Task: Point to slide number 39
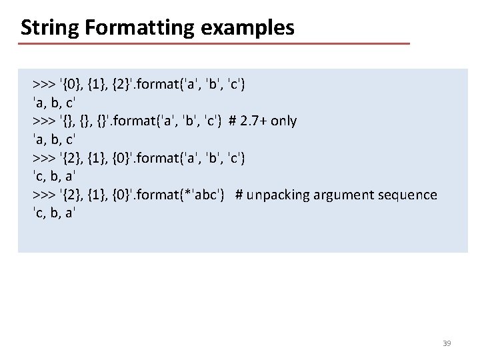click(447, 343)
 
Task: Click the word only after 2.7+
click(283, 121)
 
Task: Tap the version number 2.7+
click(253, 121)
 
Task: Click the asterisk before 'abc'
click(191, 194)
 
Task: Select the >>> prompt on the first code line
click(44, 84)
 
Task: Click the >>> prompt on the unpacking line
click(44, 195)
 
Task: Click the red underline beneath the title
click(213, 44)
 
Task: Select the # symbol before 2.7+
click(232, 121)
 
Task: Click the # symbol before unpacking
click(239, 195)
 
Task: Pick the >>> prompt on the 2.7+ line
click(44, 121)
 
